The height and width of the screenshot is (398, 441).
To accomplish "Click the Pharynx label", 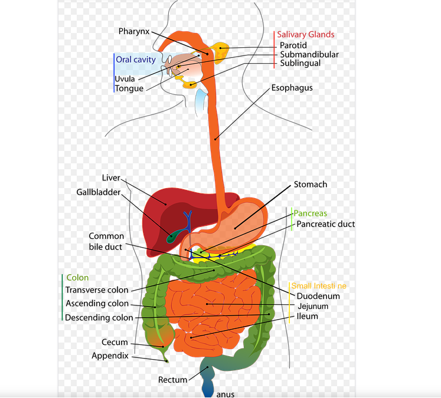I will tap(134, 31).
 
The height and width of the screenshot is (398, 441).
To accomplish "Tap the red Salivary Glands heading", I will tap(306, 35).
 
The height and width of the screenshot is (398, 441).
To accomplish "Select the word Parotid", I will tap(293, 45).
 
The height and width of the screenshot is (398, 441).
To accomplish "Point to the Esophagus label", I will tap(292, 88).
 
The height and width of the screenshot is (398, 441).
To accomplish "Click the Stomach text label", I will tap(311, 185).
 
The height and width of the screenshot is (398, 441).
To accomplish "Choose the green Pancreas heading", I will tap(311, 213).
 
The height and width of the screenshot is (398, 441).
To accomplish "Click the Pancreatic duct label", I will tap(326, 224).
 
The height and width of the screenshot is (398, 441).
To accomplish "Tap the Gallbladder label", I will tap(98, 192).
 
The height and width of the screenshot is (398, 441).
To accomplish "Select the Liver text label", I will tap(111, 178).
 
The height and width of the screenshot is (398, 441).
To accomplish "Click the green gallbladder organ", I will tap(173, 236).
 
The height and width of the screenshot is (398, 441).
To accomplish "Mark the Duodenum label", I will tap(318, 296).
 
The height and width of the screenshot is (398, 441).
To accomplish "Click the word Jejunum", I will tap(313, 307).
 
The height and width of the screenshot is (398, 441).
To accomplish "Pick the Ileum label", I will tap(308, 317).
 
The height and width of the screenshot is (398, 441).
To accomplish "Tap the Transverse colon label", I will tap(97, 290).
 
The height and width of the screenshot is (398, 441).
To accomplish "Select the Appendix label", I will tap(111, 356).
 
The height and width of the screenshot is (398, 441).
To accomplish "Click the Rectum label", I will tap(172, 380).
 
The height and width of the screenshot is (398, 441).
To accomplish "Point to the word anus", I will tap(226, 393).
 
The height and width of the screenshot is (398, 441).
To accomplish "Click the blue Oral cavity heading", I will tap(136, 60).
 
